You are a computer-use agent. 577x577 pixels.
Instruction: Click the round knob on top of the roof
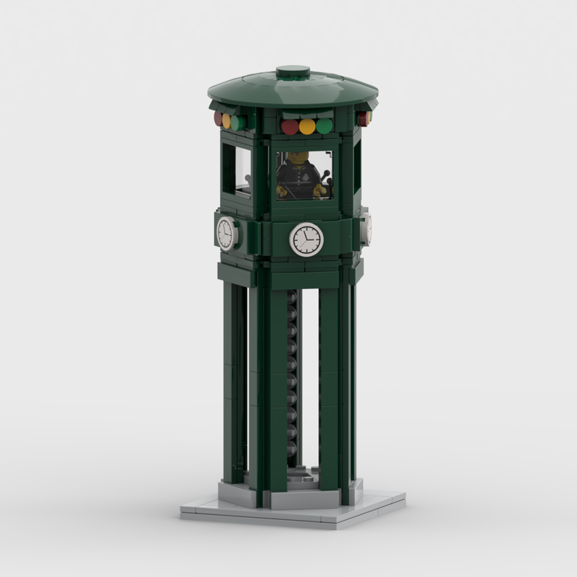[293, 72]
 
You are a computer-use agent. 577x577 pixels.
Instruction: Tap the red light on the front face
[290, 127]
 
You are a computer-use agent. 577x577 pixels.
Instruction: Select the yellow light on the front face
[307, 127]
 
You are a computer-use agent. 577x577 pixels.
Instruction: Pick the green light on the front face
[325, 126]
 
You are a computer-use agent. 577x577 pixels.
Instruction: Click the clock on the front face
[307, 239]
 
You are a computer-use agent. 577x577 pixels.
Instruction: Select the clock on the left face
[226, 233]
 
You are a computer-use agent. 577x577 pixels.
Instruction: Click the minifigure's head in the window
[298, 158]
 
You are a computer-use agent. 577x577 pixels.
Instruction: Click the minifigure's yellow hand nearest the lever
[317, 191]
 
